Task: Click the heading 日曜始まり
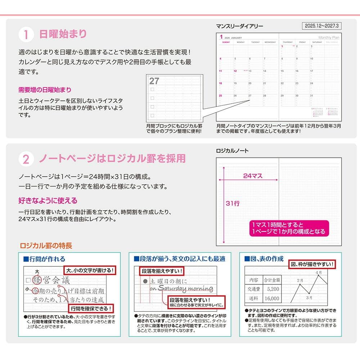click(x=63, y=34)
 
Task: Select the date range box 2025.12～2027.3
click(x=322, y=26)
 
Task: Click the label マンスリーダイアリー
click(x=239, y=26)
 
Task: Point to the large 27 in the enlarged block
click(x=154, y=81)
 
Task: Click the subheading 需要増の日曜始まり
click(x=45, y=90)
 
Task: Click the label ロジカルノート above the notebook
click(x=232, y=151)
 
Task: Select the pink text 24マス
click(x=253, y=176)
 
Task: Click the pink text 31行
click(x=233, y=203)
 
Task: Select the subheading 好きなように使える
click(x=48, y=201)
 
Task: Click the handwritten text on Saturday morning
click(x=181, y=289)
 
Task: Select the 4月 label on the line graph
click(x=319, y=273)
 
